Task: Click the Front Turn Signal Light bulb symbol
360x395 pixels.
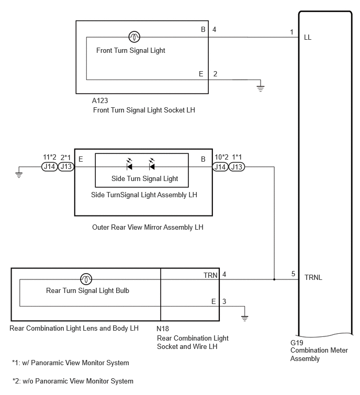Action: (134, 37)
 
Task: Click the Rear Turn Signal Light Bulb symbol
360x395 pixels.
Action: (86, 279)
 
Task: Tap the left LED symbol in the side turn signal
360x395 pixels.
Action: (129, 164)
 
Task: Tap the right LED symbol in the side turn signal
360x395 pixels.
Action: (152, 164)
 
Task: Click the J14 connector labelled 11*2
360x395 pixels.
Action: (50, 167)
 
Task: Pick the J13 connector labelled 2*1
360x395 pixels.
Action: (66, 167)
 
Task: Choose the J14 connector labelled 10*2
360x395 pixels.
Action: (220, 167)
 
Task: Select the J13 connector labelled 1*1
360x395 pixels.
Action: (237, 167)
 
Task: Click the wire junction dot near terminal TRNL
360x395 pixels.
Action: (274, 279)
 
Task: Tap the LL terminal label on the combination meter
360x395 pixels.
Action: (308, 38)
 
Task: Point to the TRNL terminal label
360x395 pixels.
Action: (313, 278)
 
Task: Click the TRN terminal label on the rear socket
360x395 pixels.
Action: (210, 275)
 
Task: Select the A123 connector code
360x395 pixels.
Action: (100, 101)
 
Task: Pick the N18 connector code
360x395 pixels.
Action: (163, 329)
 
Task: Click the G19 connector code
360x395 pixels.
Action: (297, 343)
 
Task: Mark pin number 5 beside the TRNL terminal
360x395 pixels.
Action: (293, 274)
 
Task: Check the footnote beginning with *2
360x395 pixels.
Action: (73, 381)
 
